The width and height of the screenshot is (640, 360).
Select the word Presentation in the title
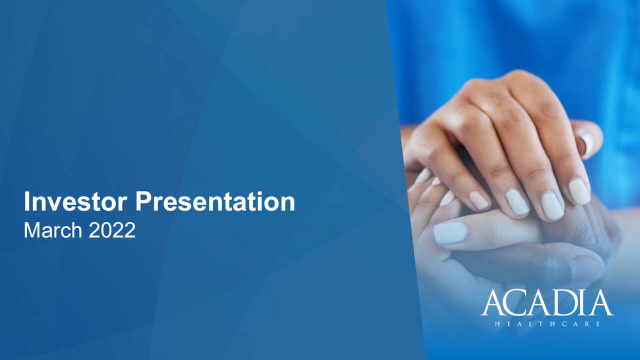pyautogui.click(x=215, y=201)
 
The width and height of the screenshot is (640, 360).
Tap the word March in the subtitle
pyautogui.click(x=52, y=230)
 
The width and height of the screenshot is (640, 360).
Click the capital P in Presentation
pyautogui.click(x=143, y=201)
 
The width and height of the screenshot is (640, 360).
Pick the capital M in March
pyautogui.click(x=31, y=230)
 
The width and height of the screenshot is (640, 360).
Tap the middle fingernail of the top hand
pyautogui.click(x=552, y=205)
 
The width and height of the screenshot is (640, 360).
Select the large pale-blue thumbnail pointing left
pyautogui.click(x=450, y=233)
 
